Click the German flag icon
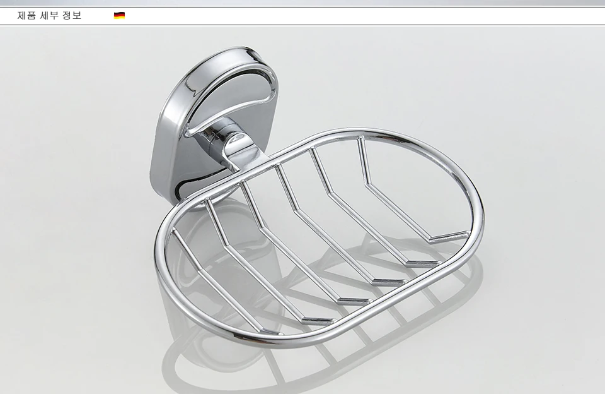click(x=119, y=15)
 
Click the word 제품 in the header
click(x=26, y=15)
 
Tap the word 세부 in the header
click(x=49, y=15)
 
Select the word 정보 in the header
click(x=72, y=15)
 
